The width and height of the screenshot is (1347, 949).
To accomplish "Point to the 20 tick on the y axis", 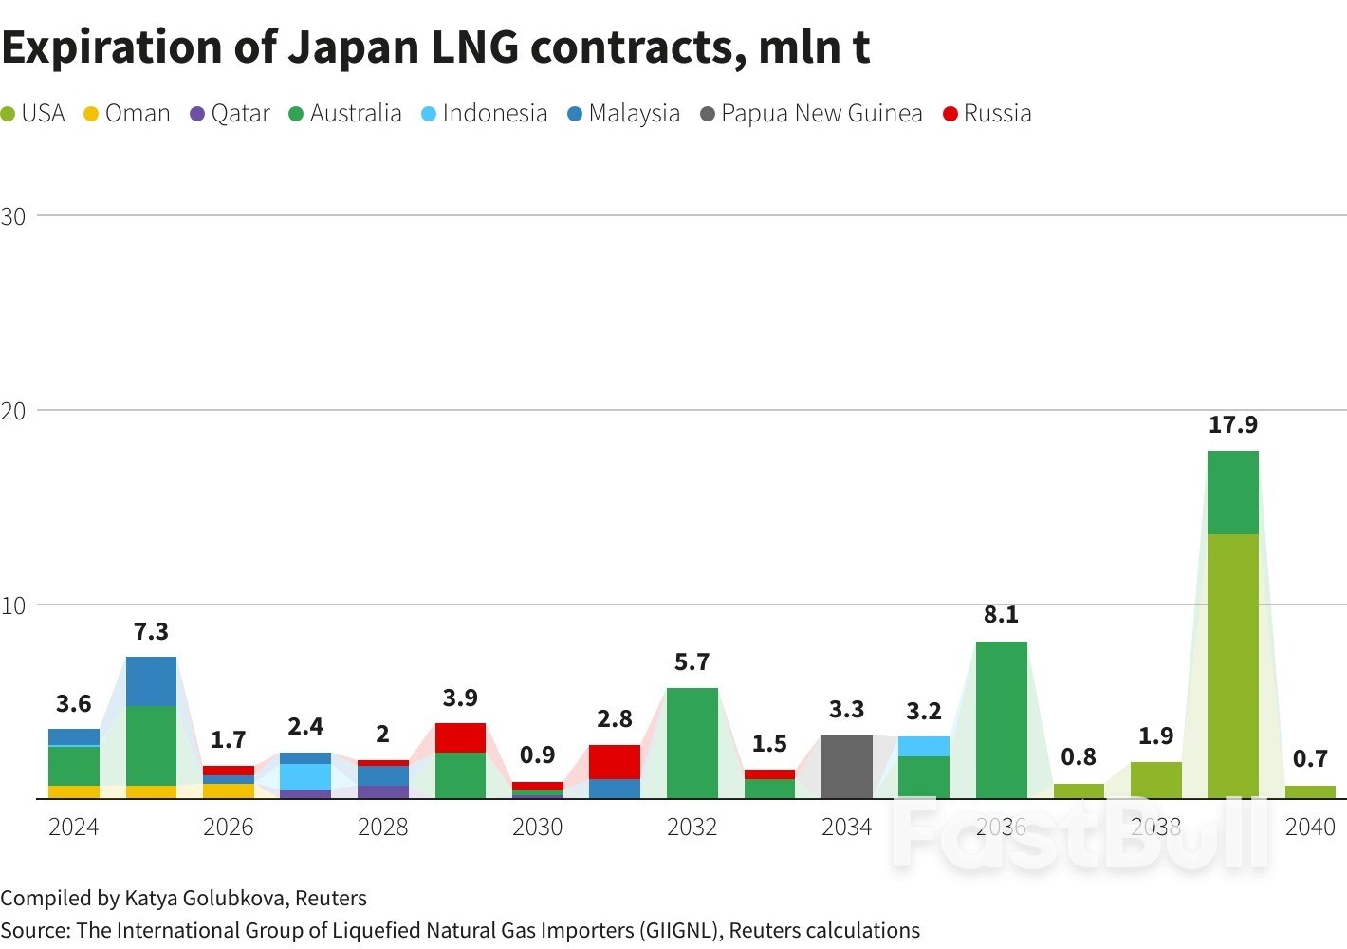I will [x=13, y=411].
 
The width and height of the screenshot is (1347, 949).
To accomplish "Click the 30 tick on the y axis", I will [x=13, y=216].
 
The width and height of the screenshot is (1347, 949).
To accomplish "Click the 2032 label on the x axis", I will [x=692, y=828].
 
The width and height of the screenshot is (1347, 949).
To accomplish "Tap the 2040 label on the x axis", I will [x=1310, y=828].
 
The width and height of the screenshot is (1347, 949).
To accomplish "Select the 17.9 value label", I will [x=1232, y=425].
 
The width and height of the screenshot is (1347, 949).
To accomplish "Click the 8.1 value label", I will [x=1001, y=615].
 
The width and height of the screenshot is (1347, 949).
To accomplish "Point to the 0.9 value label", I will [x=537, y=755].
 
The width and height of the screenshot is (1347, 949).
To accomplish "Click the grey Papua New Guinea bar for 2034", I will [x=846, y=767].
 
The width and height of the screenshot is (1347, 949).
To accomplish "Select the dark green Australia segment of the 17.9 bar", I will [x=1232, y=493].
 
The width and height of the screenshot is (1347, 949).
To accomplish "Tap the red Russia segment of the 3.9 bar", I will [x=460, y=737].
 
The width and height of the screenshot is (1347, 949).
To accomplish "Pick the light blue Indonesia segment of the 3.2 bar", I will [x=923, y=746].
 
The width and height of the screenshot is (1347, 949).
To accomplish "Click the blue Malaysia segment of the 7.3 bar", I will [x=151, y=681].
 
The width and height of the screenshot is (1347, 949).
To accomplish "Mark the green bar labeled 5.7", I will [x=692, y=743].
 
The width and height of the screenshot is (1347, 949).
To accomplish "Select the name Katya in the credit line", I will [x=151, y=899].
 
